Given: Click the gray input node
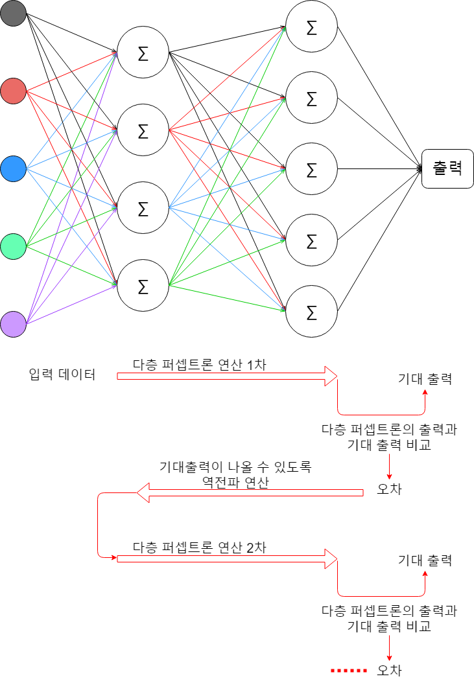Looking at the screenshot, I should pyautogui.click(x=13, y=14).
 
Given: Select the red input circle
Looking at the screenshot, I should pyautogui.click(x=13, y=91).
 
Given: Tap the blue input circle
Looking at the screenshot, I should pyautogui.click(x=13, y=168).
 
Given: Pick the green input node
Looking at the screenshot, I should pyautogui.click(x=13, y=246).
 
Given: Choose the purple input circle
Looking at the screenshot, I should pyautogui.click(x=13, y=324).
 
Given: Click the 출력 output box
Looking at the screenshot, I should pyautogui.click(x=447, y=168).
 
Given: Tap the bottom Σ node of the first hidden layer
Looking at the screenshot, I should pyautogui.click(x=143, y=286).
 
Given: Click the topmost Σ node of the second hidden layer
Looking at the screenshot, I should pyautogui.click(x=311, y=27).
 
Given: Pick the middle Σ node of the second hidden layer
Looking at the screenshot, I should pyautogui.click(x=311, y=169).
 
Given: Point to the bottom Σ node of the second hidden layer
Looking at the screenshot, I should pyautogui.click(x=311, y=312).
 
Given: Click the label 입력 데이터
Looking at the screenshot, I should pyautogui.click(x=62, y=375).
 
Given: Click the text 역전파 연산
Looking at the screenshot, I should pyautogui.click(x=234, y=483).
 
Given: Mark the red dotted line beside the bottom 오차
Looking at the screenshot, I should pyautogui.click(x=349, y=670).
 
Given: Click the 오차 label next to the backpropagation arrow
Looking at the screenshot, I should pyautogui.click(x=389, y=490).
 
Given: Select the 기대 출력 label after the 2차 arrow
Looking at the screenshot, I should pyautogui.click(x=425, y=560).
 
